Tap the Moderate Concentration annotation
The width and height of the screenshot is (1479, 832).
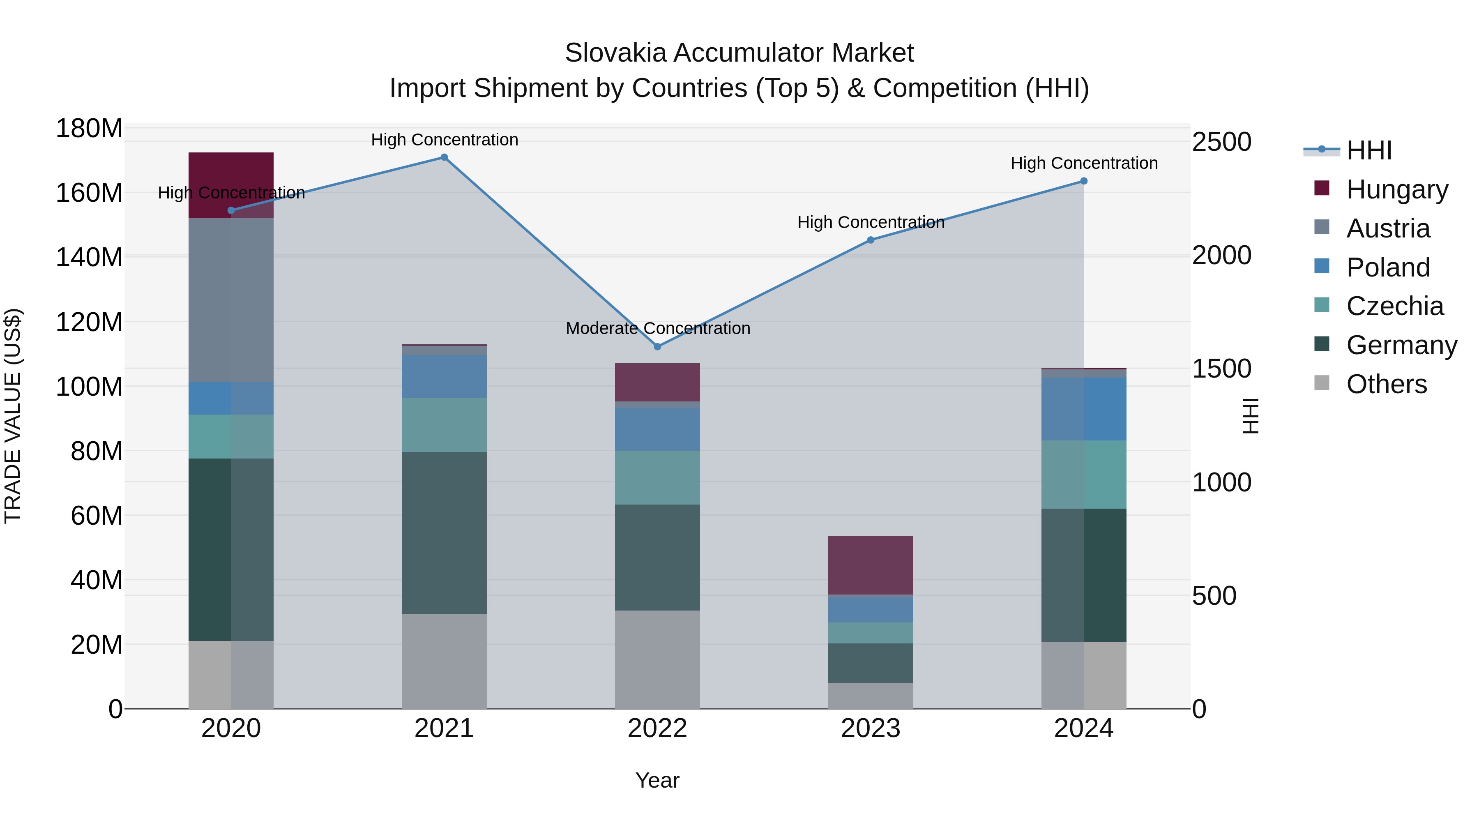point(658,328)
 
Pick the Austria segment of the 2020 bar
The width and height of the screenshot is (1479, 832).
point(231,300)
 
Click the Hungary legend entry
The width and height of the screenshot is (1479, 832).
point(1397,189)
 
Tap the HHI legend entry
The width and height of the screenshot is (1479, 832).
point(1369,150)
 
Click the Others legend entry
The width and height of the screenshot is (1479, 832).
point(1386,384)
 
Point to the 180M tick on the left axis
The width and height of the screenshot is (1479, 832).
point(89,129)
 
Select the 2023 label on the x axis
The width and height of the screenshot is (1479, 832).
point(871,728)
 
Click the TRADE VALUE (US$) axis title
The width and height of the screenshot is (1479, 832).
point(13,416)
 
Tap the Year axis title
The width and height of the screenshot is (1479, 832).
point(657,780)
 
